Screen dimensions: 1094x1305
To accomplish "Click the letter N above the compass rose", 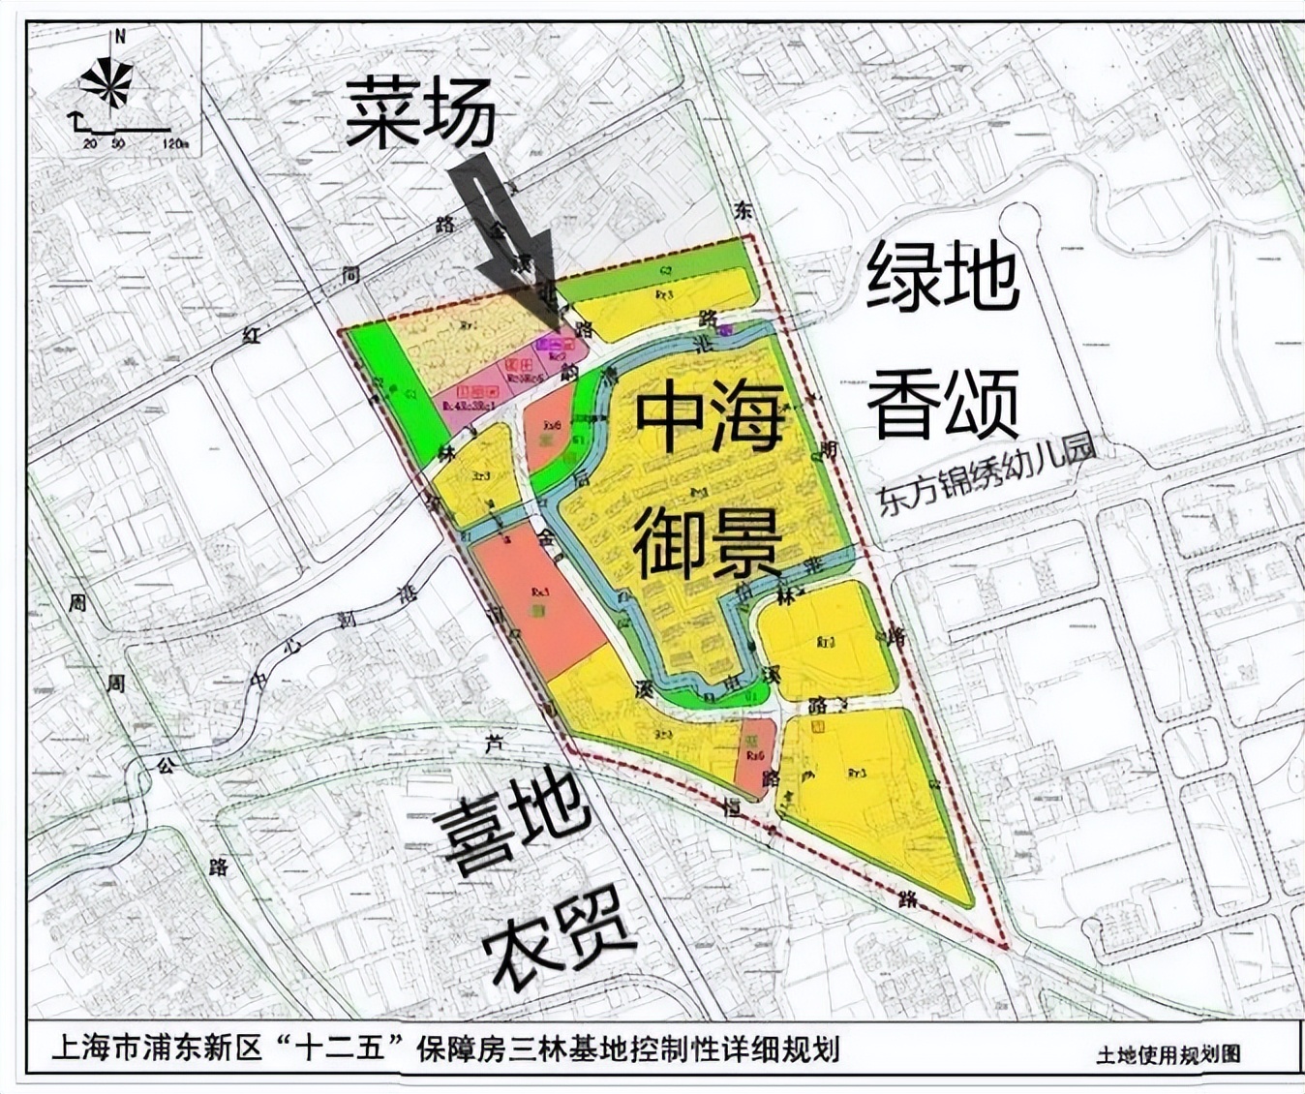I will [120, 38].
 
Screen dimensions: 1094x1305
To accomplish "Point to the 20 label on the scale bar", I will [90, 144].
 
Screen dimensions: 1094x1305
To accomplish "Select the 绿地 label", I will [941, 276].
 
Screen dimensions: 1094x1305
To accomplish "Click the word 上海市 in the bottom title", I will [97, 1049].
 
